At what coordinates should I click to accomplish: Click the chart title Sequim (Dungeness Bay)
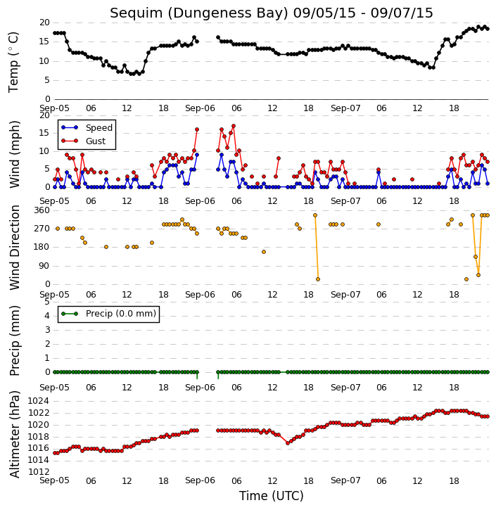[x=199, y=13]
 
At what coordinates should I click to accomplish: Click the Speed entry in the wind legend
[x=99, y=128]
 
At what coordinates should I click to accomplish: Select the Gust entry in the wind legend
[x=96, y=141]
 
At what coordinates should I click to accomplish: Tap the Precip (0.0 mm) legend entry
[x=121, y=314]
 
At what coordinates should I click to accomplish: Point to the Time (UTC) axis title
[x=272, y=496]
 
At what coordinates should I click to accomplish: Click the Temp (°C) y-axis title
[x=13, y=62]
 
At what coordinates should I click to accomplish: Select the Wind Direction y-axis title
[x=15, y=248]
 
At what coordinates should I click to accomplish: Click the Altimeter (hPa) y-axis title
[x=15, y=434]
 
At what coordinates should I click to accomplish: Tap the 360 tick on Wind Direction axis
[x=42, y=210]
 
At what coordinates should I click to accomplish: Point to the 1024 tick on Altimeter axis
[x=39, y=401]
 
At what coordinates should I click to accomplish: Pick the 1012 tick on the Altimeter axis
[x=39, y=471]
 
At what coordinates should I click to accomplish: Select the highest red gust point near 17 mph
[x=233, y=126]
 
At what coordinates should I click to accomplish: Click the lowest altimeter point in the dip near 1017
[x=288, y=443]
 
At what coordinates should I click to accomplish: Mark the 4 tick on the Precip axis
[x=47, y=316]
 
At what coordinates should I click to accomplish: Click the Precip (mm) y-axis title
[x=15, y=340]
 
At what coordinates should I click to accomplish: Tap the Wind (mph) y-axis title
[x=15, y=154]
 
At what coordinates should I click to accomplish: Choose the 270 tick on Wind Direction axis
[x=42, y=229]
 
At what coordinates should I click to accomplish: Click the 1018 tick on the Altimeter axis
[x=39, y=436]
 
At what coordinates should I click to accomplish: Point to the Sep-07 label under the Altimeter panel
[x=345, y=480]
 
